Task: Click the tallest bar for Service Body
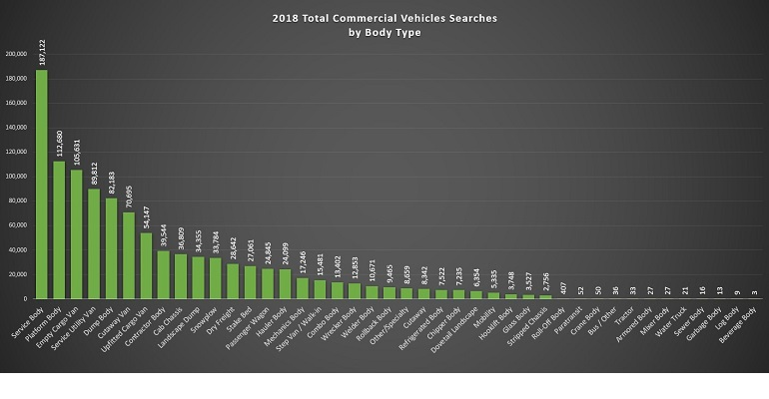click(42, 185)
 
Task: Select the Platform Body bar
click(59, 230)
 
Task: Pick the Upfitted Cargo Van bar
click(146, 265)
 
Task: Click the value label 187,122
click(42, 49)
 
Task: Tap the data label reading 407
click(564, 287)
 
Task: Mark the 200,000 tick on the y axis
click(16, 54)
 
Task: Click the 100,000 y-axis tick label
click(16, 177)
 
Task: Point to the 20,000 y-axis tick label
click(18, 274)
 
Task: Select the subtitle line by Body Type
click(384, 33)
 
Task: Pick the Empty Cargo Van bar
click(77, 234)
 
